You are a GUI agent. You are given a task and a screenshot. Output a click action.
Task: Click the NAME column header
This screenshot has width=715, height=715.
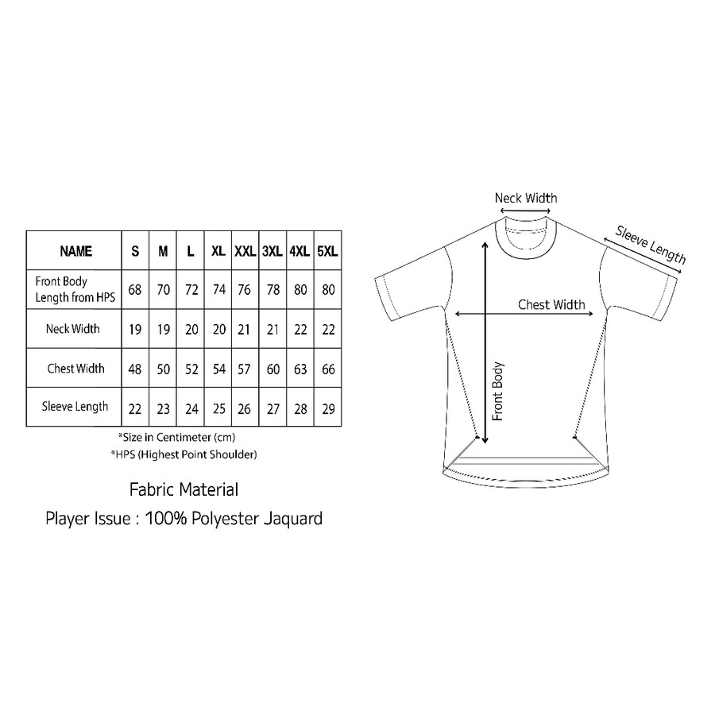pyautogui.click(x=75, y=251)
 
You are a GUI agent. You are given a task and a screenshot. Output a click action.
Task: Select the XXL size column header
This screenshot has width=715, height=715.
pyautogui.click(x=245, y=251)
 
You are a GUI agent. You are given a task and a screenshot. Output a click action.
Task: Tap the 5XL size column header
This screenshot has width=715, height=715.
pyautogui.click(x=327, y=251)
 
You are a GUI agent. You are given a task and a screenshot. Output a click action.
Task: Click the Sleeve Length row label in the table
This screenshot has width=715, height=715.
pyautogui.click(x=75, y=407)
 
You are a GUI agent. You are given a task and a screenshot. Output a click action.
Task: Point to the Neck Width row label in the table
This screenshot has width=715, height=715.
pyautogui.click(x=73, y=329)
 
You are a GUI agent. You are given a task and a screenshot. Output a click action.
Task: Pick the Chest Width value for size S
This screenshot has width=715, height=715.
pyautogui.click(x=135, y=369)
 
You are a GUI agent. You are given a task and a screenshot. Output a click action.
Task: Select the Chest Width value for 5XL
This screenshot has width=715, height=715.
pyautogui.click(x=327, y=369)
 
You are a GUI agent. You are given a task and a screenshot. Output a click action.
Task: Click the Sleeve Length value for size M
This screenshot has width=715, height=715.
pyautogui.click(x=163, y=408)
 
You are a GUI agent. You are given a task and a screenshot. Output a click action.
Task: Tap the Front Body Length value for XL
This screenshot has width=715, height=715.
pyautogui.click(x=218, y=290)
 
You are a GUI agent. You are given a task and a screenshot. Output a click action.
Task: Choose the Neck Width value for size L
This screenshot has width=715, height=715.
pyautogui.click(x=191, y=330)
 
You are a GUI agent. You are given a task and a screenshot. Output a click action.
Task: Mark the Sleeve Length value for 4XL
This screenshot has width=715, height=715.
pyautogui.click(x=300, y=408)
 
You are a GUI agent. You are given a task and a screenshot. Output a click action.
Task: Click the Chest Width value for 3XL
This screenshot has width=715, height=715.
pyautogui.click(x=272, y=369)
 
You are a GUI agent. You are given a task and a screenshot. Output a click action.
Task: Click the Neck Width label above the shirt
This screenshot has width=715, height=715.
pyautogui.click(x=526, y=198)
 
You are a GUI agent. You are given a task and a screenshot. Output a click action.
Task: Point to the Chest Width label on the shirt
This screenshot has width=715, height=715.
pyautogui.click(x=551, y=304)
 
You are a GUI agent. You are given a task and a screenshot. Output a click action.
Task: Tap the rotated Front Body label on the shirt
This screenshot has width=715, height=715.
pyautogui.click(x=498, y=391)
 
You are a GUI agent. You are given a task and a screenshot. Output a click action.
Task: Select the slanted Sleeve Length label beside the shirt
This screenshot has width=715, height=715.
pyautogui.click(x=651, y=245)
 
